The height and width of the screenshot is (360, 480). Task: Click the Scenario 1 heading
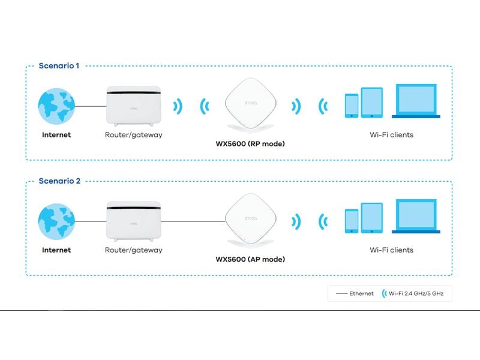tap(59, 65)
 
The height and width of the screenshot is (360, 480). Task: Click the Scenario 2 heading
tap(59, 181)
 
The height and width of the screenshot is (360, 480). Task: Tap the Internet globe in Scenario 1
tap(56, 106)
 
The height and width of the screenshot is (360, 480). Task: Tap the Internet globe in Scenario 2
tap(56, 221)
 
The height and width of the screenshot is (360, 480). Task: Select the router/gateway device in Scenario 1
tap(133, 106)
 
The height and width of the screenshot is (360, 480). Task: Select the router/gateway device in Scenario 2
tap(133, 221)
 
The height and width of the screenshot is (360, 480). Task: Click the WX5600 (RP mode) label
tap(250, 144)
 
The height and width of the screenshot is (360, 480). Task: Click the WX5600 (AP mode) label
tap(250, 259)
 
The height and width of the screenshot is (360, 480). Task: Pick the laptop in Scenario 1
tap(416, 101)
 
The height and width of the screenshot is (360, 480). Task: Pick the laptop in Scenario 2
tap(416, 216)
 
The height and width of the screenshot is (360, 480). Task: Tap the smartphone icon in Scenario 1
tap(352, 106)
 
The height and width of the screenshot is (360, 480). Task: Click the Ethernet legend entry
tap(355, 293)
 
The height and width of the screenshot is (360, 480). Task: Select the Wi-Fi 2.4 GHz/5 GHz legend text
tap(417, 293)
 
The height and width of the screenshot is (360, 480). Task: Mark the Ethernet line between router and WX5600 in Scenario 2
tap(192, 221)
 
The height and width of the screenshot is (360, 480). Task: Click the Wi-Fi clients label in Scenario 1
tap(391, 135)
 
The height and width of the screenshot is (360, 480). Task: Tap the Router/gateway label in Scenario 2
tap(133, 250)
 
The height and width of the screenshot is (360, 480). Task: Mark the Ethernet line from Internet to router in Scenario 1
tap(90, 106)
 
